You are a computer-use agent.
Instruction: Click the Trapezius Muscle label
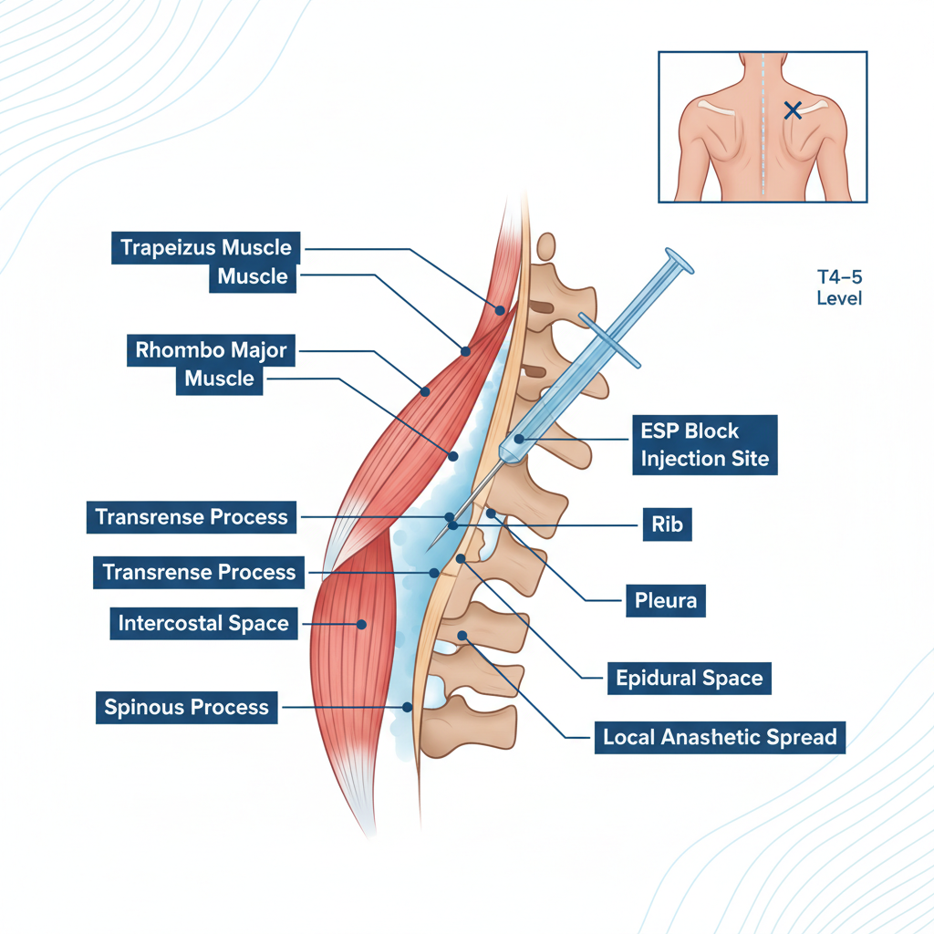coord(206,247)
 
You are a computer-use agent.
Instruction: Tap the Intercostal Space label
coord(203,624)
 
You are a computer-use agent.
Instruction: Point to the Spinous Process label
coord(186,707)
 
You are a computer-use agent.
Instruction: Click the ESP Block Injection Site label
coord(704,444)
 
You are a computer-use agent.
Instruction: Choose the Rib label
coord(667,524)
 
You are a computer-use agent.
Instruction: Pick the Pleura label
coord(665,600)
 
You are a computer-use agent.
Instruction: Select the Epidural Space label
coord(689,679)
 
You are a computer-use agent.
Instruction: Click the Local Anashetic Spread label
coord(719,737)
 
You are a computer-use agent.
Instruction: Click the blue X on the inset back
coord(793,110)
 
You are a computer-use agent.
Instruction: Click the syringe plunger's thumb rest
coord(679,261)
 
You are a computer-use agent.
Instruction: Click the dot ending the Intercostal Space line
coord(362,625)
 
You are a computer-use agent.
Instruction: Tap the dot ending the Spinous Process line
coord(408,707)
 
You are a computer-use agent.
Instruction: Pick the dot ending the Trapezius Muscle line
coord(500,310)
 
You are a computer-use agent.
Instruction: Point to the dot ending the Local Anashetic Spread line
coord(462,635)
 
